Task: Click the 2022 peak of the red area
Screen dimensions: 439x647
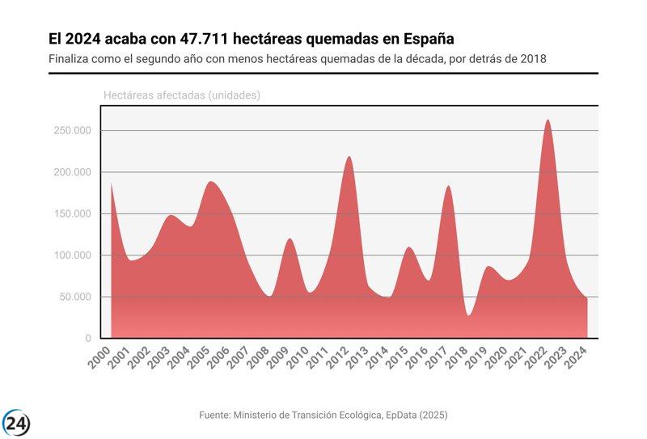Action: (548, 121)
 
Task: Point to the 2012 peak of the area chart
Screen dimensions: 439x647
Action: (349, 158)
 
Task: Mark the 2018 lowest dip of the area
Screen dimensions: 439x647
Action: (468, 314)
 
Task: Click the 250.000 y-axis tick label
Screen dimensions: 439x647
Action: (71, 131)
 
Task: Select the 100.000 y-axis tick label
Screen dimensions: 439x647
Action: (71, 255)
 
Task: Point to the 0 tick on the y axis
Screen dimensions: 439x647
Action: (88, 339)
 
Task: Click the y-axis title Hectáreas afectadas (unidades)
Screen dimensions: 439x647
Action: (181, 95)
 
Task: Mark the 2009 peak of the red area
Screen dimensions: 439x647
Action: (290, 239)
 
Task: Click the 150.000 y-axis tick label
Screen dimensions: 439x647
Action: (71, 214)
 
